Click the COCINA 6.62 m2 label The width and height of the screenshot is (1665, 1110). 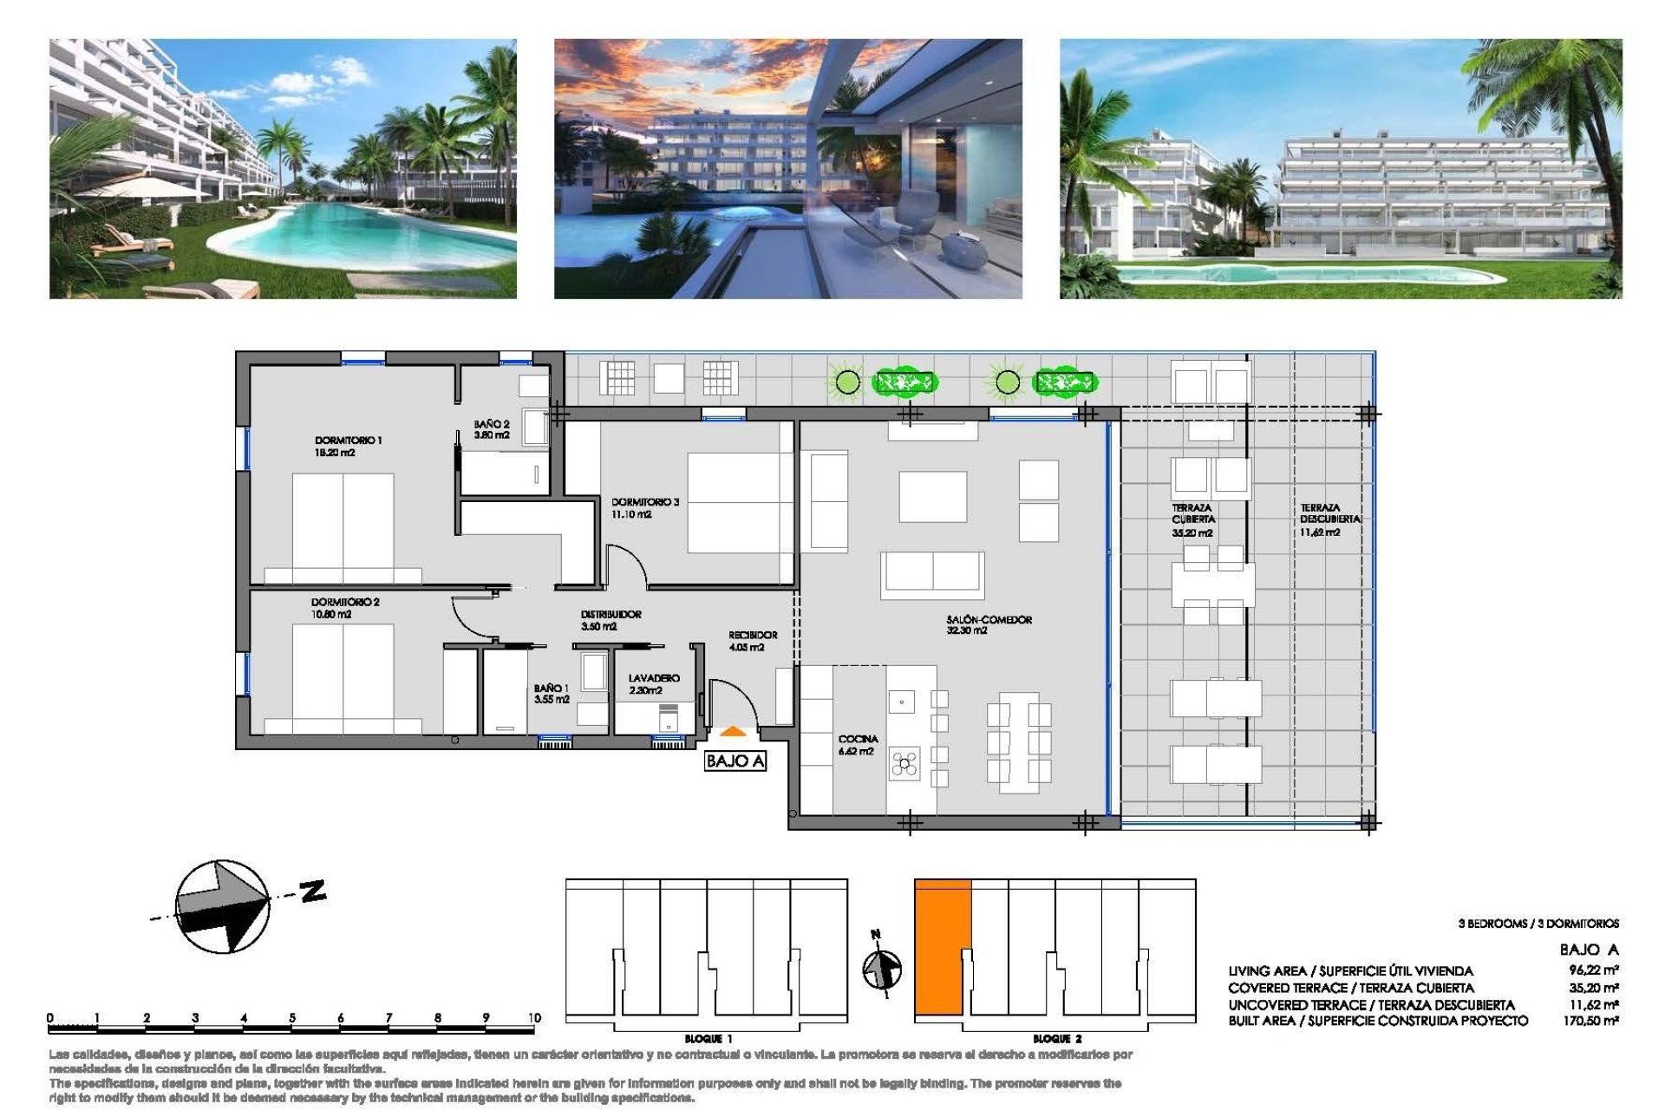pos(857,745)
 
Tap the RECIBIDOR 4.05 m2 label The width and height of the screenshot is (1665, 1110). pos(752,641)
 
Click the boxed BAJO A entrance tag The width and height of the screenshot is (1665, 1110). pos(735,761)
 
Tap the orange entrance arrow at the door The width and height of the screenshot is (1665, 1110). pos(732,732)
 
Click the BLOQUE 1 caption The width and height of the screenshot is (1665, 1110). pos(708,1038)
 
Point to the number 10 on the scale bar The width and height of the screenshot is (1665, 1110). pos(533,1017)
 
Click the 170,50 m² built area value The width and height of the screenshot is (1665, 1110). pos(1592,1021)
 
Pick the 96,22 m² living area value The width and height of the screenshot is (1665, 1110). pos(1593,970)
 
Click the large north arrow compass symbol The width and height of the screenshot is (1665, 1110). pos(223,906)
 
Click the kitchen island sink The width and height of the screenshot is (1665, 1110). pos(901,701)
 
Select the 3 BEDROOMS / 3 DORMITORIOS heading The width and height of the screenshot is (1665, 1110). pos(1538,924)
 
